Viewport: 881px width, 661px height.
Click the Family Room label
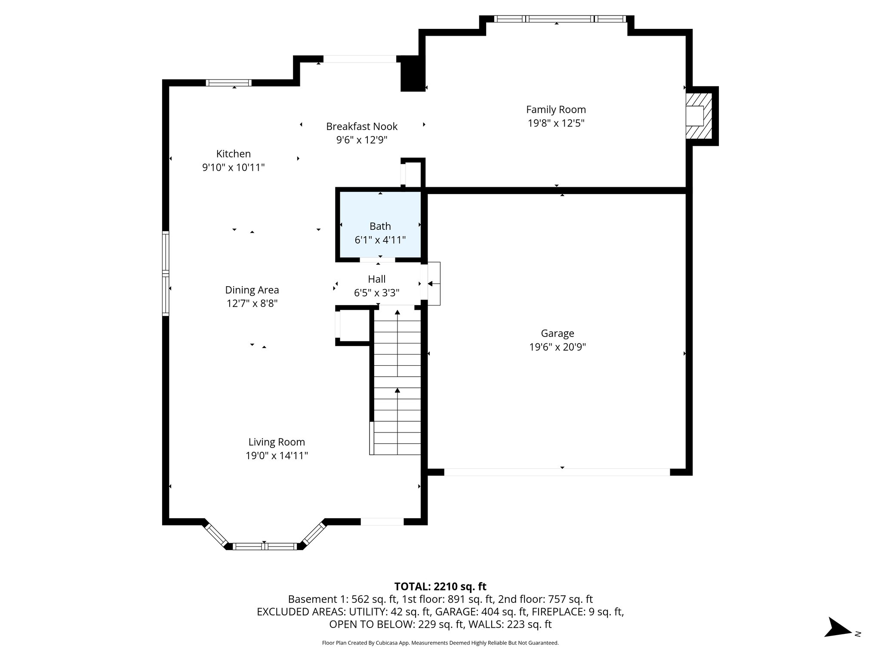coord(556,110)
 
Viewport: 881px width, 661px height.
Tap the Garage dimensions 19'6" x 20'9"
coord(557,347)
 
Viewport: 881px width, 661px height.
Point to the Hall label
coord(376,279)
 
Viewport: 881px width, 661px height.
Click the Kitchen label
coord(233,154)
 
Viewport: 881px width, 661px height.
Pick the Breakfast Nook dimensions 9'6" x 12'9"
coord(362,140)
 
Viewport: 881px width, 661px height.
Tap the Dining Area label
coord(252,290)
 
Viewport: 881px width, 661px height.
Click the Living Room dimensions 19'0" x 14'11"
coord(277,455)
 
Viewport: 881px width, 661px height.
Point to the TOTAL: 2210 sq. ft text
coord(440,587)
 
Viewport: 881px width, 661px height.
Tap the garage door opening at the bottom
coord(557,472)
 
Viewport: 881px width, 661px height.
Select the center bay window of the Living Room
coord(265,547)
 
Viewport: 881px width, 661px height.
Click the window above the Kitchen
coord(228,83)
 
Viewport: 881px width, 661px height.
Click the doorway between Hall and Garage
coord(425,282)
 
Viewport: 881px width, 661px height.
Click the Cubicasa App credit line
coord(440,643)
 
